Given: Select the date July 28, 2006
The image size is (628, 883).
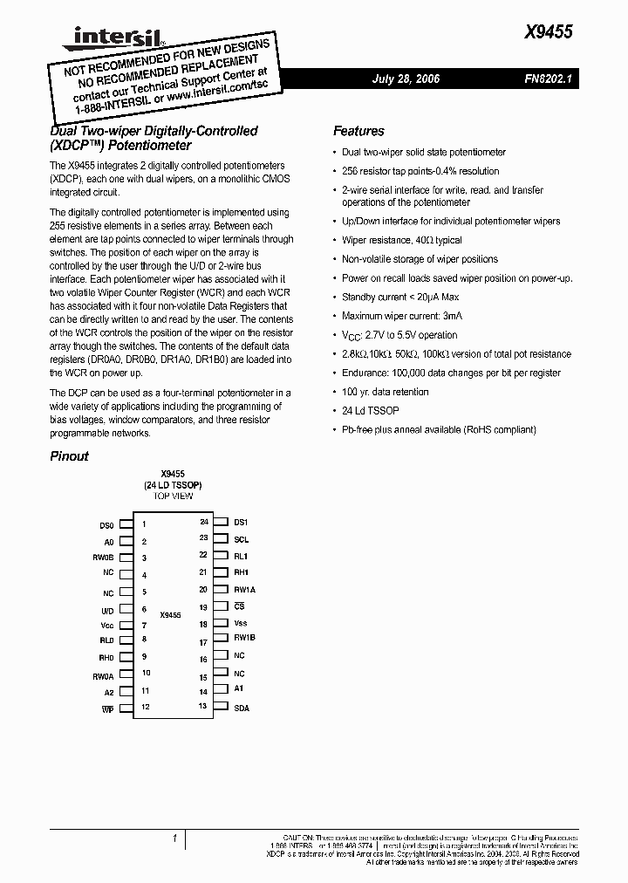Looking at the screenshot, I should (406, 79).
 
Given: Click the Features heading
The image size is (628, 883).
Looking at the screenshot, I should (358, 131).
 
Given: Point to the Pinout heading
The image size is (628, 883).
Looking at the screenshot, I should (69, 455).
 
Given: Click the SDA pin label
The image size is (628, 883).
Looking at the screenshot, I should (242, 708).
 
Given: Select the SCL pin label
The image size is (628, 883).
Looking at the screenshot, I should (241, 539).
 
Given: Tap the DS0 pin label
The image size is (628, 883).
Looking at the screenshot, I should (106, 526).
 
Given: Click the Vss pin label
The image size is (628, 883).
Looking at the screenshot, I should (241, 623).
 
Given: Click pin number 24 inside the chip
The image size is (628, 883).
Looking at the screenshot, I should (203, 522).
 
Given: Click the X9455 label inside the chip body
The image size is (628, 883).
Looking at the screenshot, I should (171, 615).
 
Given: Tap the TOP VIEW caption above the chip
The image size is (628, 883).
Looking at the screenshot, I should (173, 496).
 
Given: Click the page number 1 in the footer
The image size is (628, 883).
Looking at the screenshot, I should (174, 839).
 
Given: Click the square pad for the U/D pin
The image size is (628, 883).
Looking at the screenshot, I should (126, 610).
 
